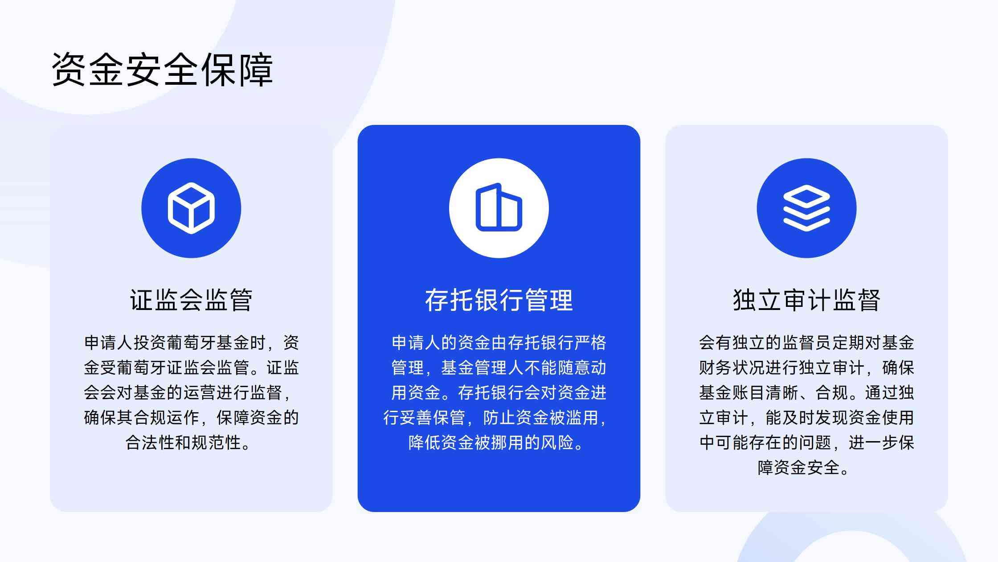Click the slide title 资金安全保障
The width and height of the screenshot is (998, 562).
click(162, 70)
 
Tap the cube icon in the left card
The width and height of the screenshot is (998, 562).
click(191, 208)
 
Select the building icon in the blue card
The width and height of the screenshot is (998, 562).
click(499, 208)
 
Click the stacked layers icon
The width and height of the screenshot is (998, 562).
click(806, 208)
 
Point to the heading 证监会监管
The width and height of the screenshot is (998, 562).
click(191, 300)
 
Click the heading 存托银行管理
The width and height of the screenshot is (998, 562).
click(499, 300)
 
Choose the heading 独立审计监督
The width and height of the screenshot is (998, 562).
click(806, 300)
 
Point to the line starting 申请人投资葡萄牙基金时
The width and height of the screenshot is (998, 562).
click(191, 343)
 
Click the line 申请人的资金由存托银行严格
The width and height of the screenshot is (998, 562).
click(499, 343)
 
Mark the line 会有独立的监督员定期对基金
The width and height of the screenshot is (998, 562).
click(806, 343)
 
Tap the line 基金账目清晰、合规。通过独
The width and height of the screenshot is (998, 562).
click(806, 393)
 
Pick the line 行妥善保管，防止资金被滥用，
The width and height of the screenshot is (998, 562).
click(495, 418)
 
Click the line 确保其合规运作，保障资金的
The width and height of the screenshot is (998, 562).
click(191, 418)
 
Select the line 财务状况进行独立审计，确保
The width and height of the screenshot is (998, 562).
click(806, 368)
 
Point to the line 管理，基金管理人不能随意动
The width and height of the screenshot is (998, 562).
click(499, 368)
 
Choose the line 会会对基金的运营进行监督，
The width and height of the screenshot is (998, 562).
click(188, 393)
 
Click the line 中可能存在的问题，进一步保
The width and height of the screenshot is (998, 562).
click(806, 443)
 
